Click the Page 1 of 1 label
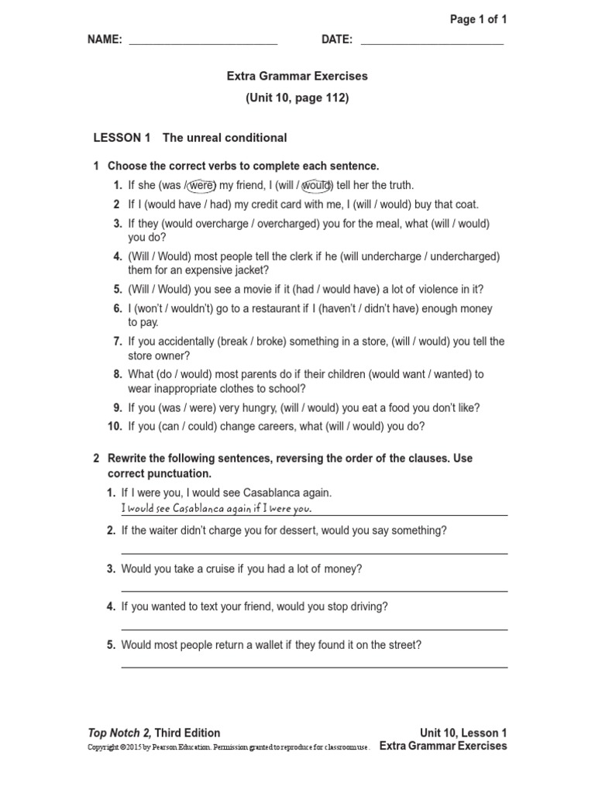tap(478, 19)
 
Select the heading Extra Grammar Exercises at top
tap(297, 77)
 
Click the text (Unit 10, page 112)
tap(297, 98)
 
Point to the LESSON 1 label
tap(122, 138)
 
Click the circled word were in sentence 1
tap(201, 185)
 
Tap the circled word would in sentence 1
tap(317, 185)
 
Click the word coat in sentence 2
tap(467, 204)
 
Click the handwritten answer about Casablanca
tap(216, 509)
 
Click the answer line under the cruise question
tap(315, 591)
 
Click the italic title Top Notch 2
tap(121, 733)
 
